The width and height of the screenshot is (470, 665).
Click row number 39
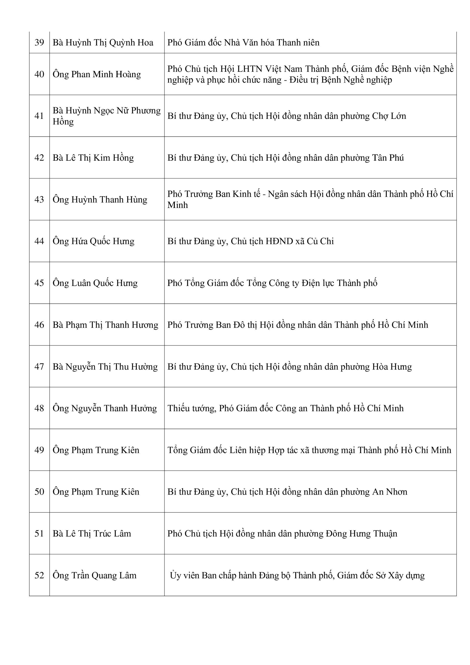pyautogui.click(x=39, y=43)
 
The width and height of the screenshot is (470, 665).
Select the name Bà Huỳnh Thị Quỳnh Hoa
pyautogui.click(x=103, y=43)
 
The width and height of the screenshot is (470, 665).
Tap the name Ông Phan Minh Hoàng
pyautogui.click(x=97, y=74)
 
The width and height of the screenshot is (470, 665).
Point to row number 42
pyautogui.click(x=39, y=158)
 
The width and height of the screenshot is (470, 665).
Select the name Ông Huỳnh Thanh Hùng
pyautogui.click(x=100, y=200)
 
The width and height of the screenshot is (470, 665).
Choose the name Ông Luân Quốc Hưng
pyautogui.click(x=95, y=283)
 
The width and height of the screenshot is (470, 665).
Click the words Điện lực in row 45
pyautogui.click(x=317, y=283)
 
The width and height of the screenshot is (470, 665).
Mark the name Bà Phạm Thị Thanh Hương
pyautogui.click(x=105, y=325)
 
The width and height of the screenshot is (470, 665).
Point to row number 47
pyautogui.click(x=39, y=367)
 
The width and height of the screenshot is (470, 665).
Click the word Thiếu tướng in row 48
pyautogui.click(x=192, y=408)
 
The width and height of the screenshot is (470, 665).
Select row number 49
pyautogui.click(x=39, y=450)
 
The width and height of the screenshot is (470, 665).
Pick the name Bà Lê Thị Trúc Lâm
pyautogui.click(x=92, y=533)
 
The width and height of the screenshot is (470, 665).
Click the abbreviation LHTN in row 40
pyautogui.click(x=249, y=69)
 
